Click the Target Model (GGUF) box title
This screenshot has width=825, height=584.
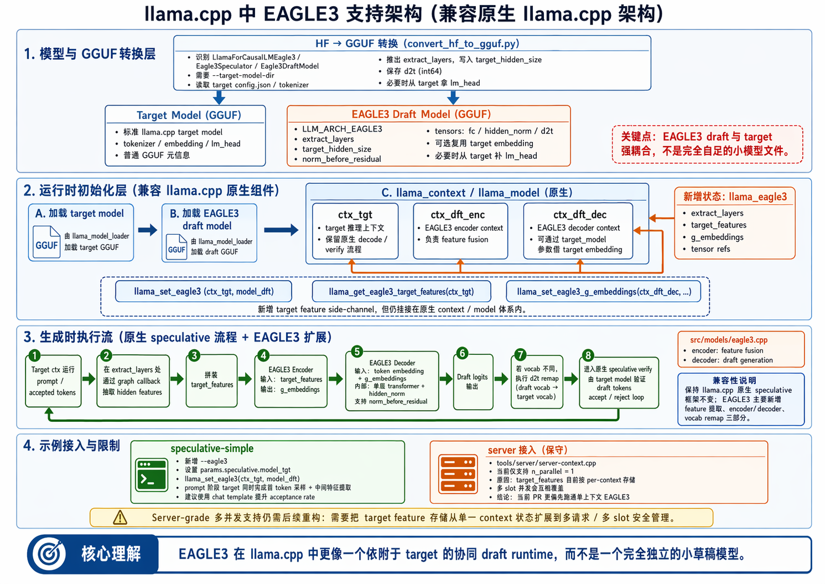(189, 115)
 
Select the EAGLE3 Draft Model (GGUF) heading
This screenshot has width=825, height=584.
(421, 114)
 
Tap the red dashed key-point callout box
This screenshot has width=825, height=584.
(707, 144)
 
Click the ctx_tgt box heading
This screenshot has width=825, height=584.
(355, 215)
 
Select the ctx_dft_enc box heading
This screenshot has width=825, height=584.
(458, 215)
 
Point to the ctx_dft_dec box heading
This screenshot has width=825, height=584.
(579, 215)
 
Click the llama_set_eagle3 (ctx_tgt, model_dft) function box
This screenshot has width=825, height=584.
(204, 291)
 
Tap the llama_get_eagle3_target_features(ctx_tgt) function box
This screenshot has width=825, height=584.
(401, 291)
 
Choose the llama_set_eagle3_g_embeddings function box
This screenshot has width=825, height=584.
(604, 291)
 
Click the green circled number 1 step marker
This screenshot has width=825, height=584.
(34, 355)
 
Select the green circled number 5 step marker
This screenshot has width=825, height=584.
(357, 352)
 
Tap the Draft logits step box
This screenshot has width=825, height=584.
(473, 381)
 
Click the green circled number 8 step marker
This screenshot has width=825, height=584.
(588, 355)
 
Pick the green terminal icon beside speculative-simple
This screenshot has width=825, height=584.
(151, 474)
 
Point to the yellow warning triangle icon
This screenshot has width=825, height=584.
(120, 518)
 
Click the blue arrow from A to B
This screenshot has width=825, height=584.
(147, 230)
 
